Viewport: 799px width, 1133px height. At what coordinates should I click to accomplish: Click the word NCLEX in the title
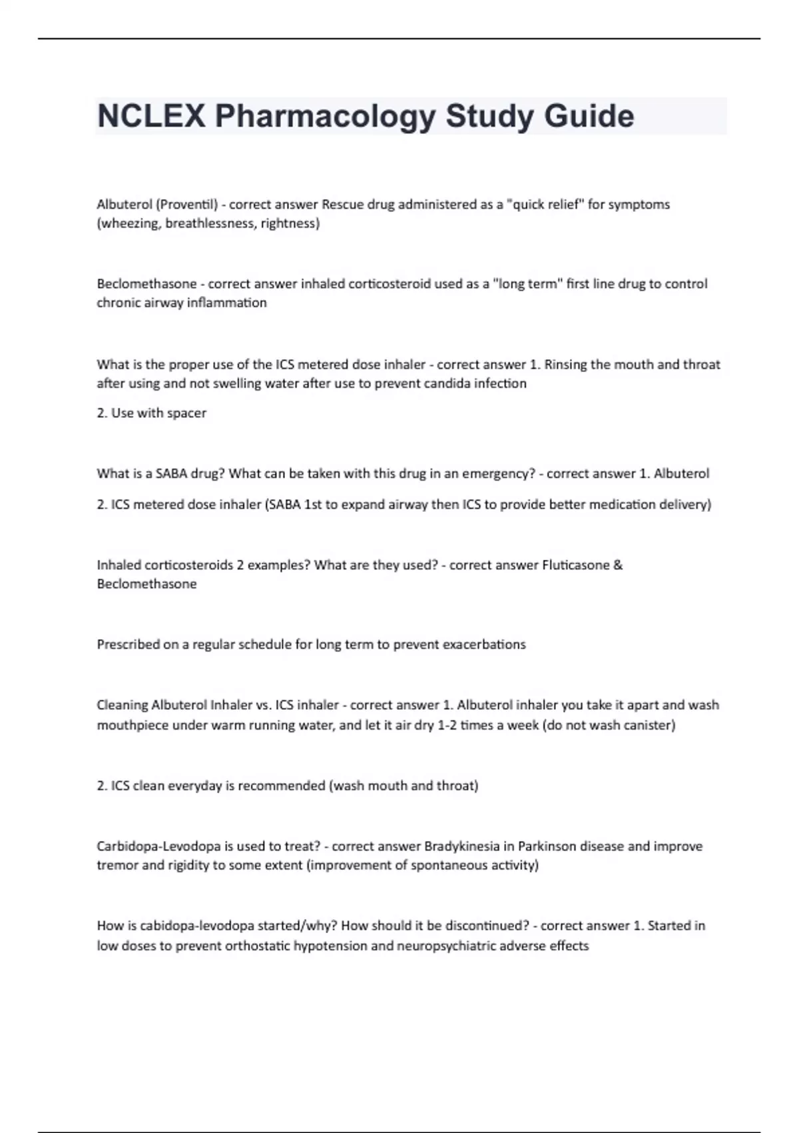pos(151,117)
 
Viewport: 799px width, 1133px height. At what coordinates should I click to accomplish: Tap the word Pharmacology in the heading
pos(325,117)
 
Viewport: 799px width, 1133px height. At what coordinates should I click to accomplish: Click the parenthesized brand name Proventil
pos(187,205)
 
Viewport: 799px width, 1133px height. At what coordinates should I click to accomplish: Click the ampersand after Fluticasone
pos(618,565)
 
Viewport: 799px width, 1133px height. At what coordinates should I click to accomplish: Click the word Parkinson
pos(547,846)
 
